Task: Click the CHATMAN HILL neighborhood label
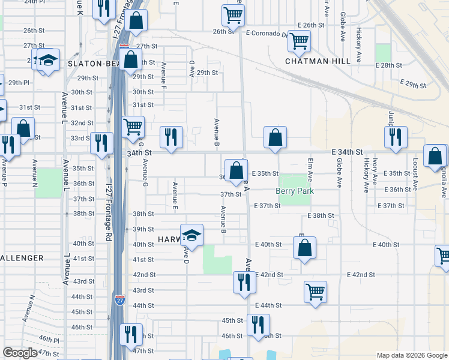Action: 315,61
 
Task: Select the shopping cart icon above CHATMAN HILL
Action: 298,42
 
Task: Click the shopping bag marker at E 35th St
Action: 235,170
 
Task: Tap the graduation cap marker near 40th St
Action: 191,235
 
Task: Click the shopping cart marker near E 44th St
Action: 315,292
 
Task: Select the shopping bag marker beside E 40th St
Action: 305,248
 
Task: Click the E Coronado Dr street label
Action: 267,34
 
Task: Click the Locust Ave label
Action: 415,170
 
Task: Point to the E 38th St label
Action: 320,215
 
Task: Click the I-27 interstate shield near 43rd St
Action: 121,299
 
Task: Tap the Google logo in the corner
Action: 20,353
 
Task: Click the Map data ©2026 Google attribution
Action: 411,355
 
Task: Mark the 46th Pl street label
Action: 48,340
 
